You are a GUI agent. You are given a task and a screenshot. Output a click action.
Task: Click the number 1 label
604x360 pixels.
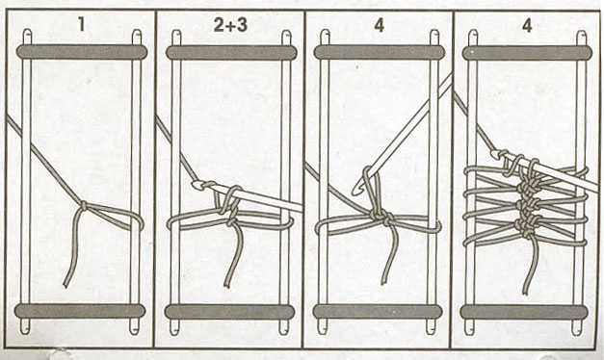[81, 25]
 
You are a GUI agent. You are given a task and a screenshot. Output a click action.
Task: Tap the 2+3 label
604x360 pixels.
[230, 25]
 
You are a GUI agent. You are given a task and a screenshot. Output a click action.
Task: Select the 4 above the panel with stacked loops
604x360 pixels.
[527, 25]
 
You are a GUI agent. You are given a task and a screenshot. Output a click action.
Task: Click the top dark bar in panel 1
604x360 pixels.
[82, 52]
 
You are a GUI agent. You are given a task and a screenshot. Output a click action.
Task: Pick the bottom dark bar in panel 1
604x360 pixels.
[80, 311]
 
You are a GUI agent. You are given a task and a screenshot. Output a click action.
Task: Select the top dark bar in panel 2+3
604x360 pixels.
[231, 52]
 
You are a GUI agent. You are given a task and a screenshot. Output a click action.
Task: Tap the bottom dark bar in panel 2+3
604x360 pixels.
[229, 312]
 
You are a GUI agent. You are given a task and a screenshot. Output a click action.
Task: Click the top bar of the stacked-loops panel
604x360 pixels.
[527, 53]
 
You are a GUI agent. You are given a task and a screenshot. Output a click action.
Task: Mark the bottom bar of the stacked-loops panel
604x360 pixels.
[524, 312]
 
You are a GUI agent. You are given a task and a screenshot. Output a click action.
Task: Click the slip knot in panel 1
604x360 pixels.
[84, 206]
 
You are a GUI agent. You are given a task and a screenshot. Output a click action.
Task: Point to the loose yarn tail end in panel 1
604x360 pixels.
[66, 285]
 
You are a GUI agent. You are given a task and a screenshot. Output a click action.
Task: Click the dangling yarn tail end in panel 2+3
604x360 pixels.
[227, 285]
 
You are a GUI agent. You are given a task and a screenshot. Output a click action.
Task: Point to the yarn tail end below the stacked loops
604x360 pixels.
[526, 292]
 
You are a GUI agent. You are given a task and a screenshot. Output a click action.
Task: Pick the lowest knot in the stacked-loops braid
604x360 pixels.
[525, 228]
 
